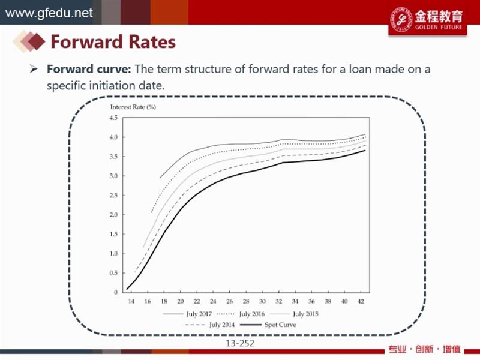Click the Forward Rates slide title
[x=113, y=42]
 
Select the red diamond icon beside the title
[x=37, y=41]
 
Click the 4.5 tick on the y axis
[x=113, y=118]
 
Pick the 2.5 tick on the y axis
[x=113, y=195]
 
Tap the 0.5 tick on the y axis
[x=113, y=273]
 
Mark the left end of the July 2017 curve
[x=160, y=178]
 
